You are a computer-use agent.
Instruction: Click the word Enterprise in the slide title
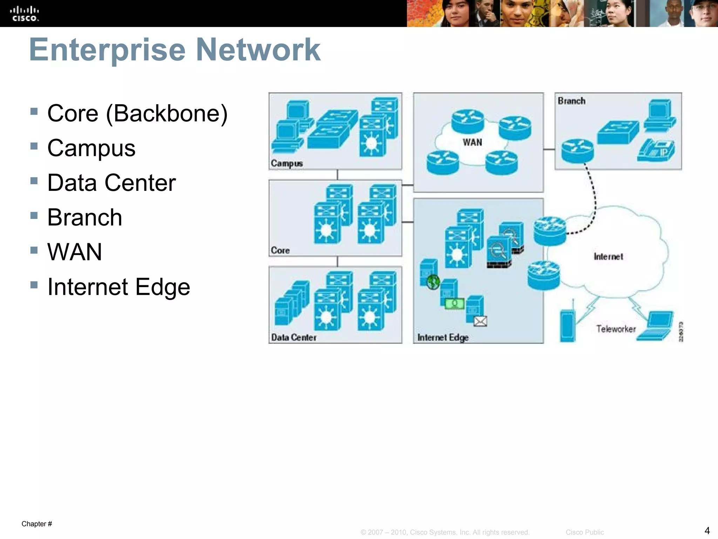(x=107, y=50)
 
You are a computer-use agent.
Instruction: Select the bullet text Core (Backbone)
(x=137, y=114)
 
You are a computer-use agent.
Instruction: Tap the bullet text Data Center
(x=111, y=183)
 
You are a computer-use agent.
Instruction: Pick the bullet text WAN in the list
(x=74, y=252)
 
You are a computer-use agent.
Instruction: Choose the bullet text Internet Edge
(x=118, y=287)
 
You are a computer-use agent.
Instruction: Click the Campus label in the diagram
(x=286, y=164)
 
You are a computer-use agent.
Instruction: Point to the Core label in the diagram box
(x=280, y=251)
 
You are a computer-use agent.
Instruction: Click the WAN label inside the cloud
(x=472, y=142)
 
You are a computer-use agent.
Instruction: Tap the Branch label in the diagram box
(x=571, y=101)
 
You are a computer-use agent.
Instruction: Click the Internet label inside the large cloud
(x=608, y=257)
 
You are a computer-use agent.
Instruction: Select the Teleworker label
(x=616, y=329)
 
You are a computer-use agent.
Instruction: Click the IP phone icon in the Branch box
(x=656, y=150)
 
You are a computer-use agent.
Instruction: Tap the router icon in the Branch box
(x=577, y=151)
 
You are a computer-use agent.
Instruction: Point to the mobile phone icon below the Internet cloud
(x=568, y=326)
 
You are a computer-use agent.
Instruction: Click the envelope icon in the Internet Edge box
(x=480, y=321)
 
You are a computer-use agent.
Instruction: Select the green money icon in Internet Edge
(x=454, y=304)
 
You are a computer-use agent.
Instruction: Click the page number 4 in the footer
(x=707, y=530)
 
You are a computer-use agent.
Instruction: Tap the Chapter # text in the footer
(x=37, y=524)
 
